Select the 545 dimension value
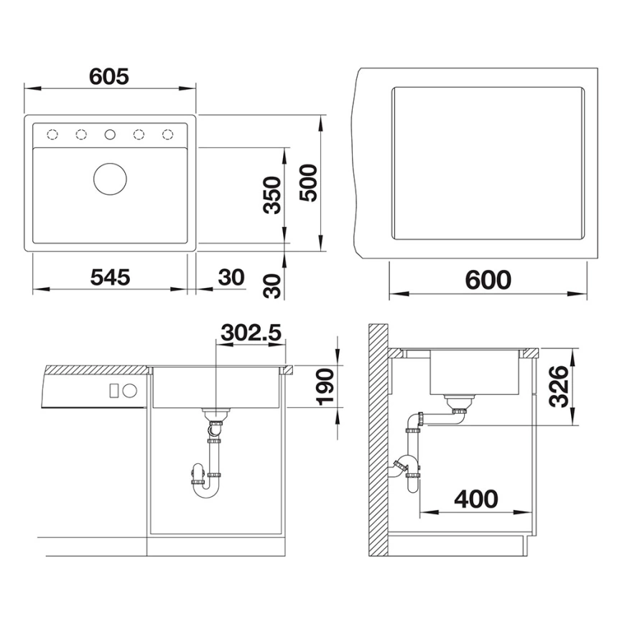(x=110, y=277)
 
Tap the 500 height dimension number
(x=308, y=183)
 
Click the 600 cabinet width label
(x=488, y=280)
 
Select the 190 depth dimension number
(x=327, y=387)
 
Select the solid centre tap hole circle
(x=110, y=134)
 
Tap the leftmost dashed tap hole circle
(x=52, y=134)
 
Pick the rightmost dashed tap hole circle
(x=167, y=134)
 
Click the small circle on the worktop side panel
(x=130, y=391)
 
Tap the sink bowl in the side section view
(x=475, y=373)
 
